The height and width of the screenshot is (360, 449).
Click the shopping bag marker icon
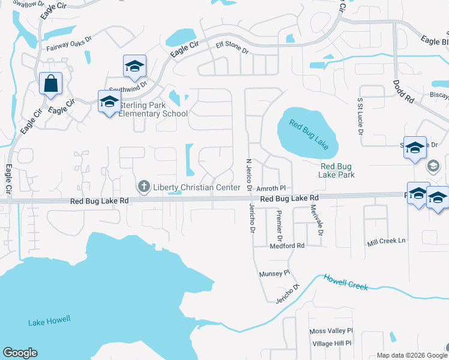coord(51,83)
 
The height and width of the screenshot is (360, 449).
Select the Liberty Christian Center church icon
coord(144,187)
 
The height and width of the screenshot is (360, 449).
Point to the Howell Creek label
coord(346,283)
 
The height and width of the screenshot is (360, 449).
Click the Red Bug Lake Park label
coord(337,170)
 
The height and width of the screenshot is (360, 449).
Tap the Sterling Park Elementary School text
coord(153,109)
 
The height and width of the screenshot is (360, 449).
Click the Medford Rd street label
coord(288,245)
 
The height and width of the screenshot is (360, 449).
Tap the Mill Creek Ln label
coord(387,241)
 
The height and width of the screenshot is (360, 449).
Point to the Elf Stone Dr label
coord(232,47)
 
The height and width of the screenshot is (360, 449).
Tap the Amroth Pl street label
coord(271,188)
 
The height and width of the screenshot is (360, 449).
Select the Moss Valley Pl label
coord(331,331)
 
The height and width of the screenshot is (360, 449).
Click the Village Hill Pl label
coord(333,343)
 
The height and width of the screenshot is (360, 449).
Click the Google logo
coord(20,353)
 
